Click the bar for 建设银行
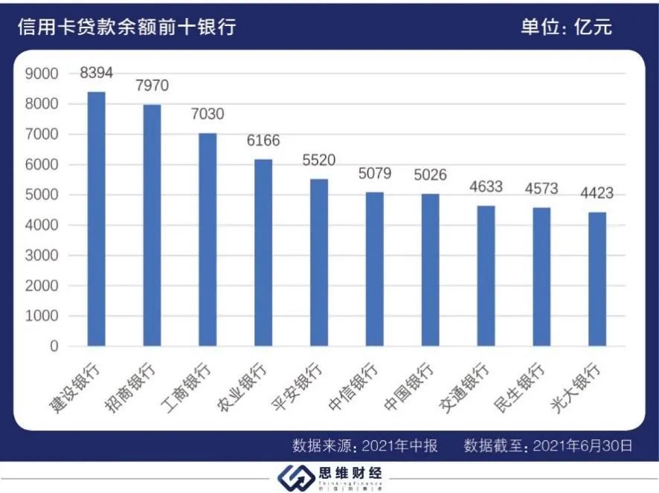click(x=97, y=219)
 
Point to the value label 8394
click(x=97, y=73)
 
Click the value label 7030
click(x=208, y=115)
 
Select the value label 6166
click(x=263, y=141)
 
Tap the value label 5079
click(x=375, y=174)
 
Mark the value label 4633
click(x=486, y=187)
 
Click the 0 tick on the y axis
click(x=54, y=347)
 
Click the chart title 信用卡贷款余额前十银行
click(x=126, y=28)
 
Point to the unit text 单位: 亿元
click(x=566, y=28)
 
